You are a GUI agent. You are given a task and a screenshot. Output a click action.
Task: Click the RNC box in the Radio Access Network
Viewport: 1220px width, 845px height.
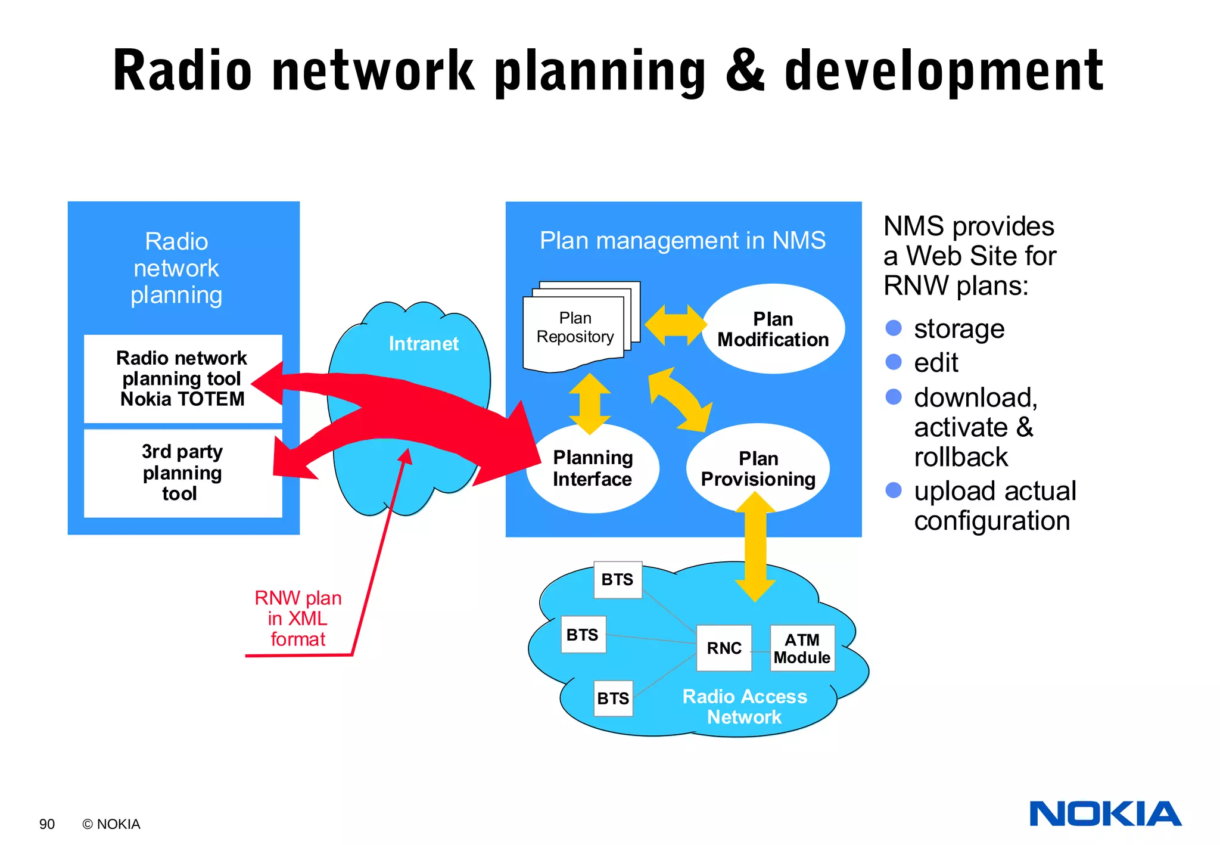(724, 648)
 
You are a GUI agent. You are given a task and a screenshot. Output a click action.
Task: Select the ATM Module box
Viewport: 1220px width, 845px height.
(802, 648)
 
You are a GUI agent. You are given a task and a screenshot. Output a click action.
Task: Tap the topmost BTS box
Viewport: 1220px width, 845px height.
(617, 580)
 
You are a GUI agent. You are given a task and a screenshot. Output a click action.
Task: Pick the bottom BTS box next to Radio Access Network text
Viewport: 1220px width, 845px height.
(613, 698)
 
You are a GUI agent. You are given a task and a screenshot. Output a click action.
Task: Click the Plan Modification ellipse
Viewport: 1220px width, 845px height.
(773, 329)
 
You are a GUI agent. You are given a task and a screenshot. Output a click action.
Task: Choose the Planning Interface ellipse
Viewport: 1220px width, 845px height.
(592, 468)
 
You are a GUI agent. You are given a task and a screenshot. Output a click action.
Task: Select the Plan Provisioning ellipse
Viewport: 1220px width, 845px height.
(758, 468)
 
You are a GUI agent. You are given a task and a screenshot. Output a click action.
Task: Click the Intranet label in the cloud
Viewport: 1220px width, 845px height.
(424, 344)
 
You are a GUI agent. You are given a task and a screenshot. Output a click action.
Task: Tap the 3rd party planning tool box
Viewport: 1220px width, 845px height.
(182, 473)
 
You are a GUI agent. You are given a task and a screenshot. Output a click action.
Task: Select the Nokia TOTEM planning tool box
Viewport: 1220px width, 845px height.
(182, 378)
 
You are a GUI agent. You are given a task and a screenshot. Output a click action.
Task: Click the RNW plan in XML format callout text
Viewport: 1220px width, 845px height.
(298, 619)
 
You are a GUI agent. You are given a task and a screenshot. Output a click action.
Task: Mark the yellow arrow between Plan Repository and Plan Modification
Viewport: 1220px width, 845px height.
(675, 325)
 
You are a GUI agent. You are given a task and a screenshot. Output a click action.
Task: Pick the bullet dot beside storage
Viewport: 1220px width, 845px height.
(894, 328)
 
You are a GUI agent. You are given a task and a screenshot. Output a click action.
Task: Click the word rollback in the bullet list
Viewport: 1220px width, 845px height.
(960, 458)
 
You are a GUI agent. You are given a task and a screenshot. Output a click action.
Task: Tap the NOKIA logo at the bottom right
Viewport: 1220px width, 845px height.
(1105, 814)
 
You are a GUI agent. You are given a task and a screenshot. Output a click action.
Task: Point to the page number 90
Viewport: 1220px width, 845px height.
(46, 824)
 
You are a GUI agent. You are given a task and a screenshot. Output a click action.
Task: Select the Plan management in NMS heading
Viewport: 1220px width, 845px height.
(683, 241)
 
